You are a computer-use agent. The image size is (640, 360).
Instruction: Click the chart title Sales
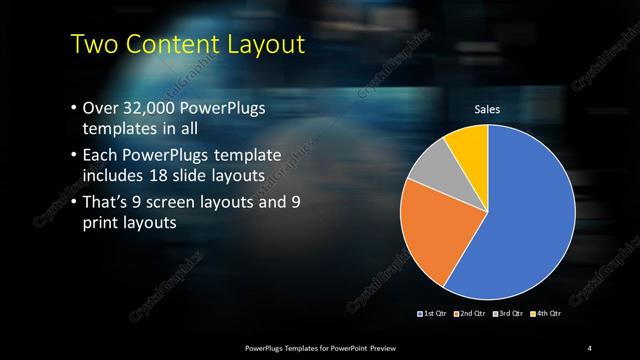click(x=487, y=109)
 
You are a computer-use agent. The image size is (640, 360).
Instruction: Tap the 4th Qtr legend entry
click(x=546, y=314)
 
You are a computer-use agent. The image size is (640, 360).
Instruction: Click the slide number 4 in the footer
click(x=590, y=347)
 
